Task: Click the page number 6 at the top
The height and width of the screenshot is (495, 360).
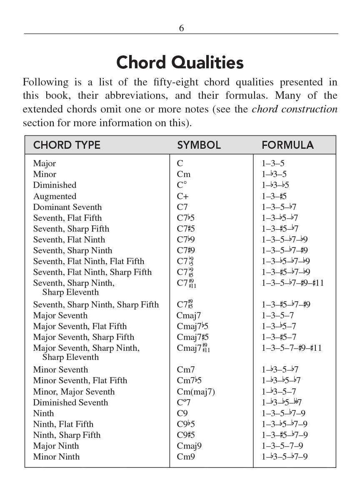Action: click(181, 28)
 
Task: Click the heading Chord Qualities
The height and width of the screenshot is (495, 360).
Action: click(180, 62)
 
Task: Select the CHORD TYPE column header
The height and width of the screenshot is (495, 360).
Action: click(67, 145)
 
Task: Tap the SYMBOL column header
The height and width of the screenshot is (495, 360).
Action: click(199, 145)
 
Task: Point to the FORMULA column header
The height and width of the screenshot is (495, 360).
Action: click(287, 145)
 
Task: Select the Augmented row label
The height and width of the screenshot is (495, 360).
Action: click(55, 196)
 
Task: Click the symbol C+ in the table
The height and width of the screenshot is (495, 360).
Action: click(182, 196)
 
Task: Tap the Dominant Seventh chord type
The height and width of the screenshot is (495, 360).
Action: click(67, 207)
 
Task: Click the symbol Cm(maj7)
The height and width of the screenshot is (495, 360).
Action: click(196, 392)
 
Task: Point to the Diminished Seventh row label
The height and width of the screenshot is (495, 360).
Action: click(70, 402)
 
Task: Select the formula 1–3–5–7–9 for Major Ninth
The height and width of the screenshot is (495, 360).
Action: click(282, 446)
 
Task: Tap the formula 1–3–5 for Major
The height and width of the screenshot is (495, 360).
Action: click(273, 164)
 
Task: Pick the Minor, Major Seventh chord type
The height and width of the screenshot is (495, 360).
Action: click(74, 392)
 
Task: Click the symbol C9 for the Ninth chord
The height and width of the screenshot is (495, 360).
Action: click(182, 413)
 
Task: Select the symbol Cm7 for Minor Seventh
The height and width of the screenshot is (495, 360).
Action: click(186, 370)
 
